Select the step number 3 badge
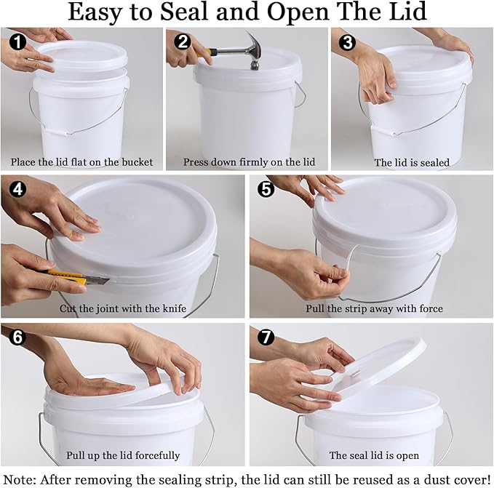(347, 42)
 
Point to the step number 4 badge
(16, 190)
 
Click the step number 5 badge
(266, 190)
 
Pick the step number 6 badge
(16, 338)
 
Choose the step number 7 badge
(266, 338)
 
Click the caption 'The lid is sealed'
(412, 162)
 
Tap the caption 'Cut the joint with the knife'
(123, 308)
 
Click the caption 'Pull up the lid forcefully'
(123, 455)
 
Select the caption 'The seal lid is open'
(373, 455)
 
